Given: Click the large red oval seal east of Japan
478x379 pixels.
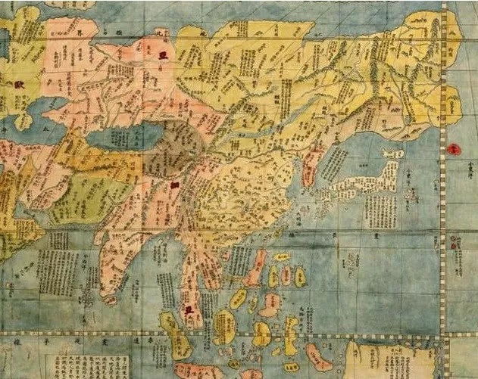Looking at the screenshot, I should coord(455,151).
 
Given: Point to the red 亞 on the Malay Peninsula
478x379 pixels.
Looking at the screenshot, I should coord(186,309).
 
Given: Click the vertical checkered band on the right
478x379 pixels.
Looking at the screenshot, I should coord(442,227).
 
